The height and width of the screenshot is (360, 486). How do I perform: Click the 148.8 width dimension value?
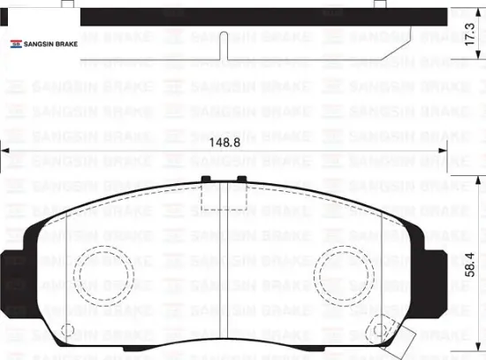[224, 141]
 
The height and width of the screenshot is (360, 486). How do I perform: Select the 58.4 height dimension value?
[468, 264]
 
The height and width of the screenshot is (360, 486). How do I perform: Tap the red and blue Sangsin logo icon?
[15, 43]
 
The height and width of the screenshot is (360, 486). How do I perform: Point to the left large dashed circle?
[103, 269]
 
